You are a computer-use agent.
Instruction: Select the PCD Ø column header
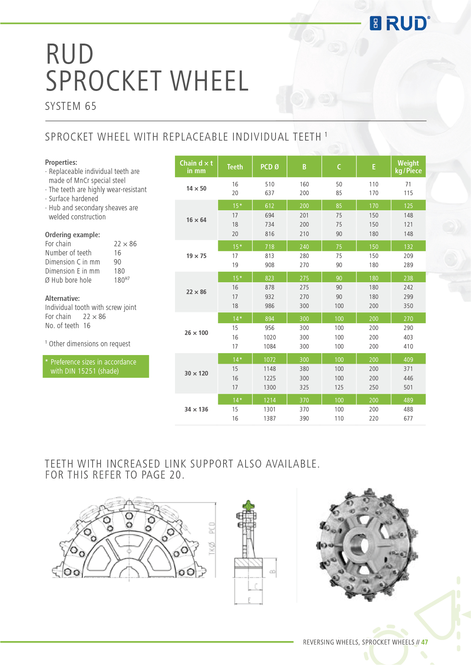269,167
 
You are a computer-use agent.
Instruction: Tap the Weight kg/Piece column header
408,167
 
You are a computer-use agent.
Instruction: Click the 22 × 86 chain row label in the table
196,292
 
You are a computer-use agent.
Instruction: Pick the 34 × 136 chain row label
196,409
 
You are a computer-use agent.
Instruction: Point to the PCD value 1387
269,418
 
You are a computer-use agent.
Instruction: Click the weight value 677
408,418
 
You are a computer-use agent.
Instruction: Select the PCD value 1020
269,337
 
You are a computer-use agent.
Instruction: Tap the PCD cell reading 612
269,206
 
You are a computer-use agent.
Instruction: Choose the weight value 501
408,387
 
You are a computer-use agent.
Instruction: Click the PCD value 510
269,184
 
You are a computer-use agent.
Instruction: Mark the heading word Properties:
61,162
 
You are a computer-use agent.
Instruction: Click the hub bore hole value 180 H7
121,280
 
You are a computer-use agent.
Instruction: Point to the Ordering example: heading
72,235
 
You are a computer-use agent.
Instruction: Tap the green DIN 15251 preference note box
96,366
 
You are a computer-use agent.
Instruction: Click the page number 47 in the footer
424,642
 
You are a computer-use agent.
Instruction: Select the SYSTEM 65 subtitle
71,106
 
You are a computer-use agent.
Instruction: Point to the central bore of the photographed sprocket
361,544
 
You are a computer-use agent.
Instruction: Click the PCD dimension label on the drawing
212,527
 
